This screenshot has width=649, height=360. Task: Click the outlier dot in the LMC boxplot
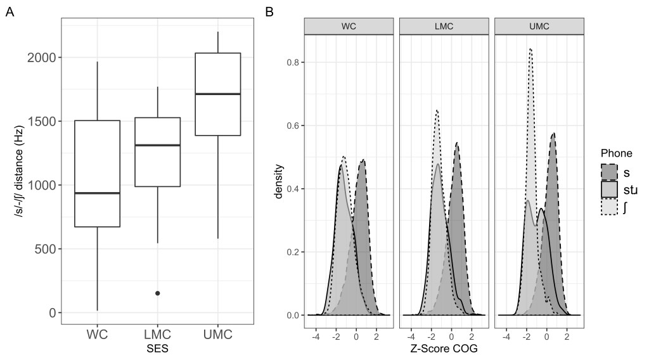click(x=157, y=293)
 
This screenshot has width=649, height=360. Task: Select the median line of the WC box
click(x=97, y=193)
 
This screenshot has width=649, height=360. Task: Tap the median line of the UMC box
click(x=217, y=94)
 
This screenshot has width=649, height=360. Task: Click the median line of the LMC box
click(x=157, y=145)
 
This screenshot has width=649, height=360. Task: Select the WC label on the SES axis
click(x=97, y=333)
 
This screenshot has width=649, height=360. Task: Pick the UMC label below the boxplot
click(x=217, y=333)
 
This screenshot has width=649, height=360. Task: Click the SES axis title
click(x=157, y=348)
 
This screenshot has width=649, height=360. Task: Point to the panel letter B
click(x=269, y=12)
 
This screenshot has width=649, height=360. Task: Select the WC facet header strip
click(x=349, y=27)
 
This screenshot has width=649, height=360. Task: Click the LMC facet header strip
click(x=443, y=27)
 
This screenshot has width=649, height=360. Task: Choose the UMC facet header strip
click(x=538, y=27)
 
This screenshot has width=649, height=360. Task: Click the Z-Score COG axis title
click(x=443, y=348)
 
